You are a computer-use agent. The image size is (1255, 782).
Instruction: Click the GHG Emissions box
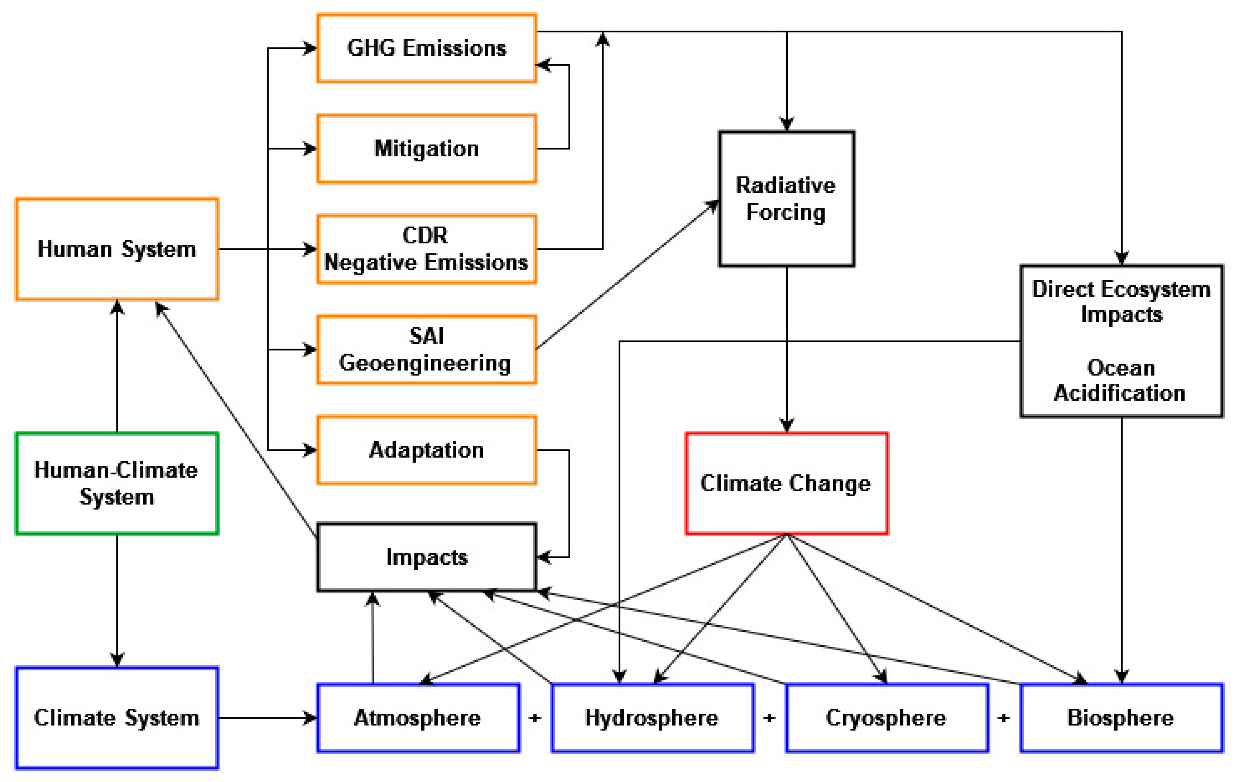426,48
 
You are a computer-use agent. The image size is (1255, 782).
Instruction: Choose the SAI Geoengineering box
426,349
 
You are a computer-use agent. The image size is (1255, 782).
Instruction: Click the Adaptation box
426,450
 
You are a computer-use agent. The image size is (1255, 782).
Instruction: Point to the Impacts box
426,557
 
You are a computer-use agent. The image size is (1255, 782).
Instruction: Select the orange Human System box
117,249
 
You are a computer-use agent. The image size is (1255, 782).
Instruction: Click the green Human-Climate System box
117,483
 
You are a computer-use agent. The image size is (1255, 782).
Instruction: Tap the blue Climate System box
117,717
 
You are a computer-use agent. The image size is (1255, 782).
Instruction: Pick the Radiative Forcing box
786,199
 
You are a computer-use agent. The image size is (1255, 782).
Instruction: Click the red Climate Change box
786,483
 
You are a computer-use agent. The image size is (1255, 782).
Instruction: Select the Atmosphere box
418,717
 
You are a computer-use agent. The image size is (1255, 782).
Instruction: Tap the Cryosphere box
886,717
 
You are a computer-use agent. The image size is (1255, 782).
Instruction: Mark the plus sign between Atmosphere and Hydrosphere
535,718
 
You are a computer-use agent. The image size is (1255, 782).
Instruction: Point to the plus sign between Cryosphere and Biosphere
1004,718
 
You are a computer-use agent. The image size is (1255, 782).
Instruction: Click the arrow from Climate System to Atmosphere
266,717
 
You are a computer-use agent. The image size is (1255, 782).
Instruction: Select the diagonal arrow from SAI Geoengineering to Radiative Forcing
626,275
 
